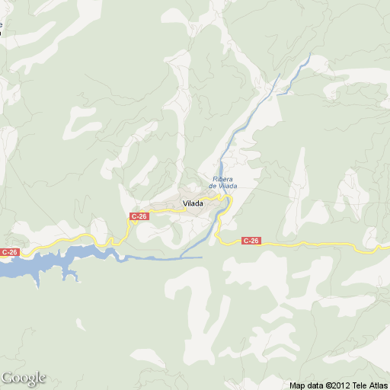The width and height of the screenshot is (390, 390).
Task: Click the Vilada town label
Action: (x=193, y=203)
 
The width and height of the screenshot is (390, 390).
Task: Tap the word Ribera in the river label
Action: (x=221, y=180)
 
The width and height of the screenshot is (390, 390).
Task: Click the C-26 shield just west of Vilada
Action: (x=139, y=216)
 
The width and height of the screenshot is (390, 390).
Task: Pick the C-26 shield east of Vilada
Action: (x=251, y=241)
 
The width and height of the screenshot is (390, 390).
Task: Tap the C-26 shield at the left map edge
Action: (x=8, y=252)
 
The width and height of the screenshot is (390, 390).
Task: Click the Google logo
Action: (x=24, y=378)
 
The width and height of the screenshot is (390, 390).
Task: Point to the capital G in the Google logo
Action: (x=7, y=378)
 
